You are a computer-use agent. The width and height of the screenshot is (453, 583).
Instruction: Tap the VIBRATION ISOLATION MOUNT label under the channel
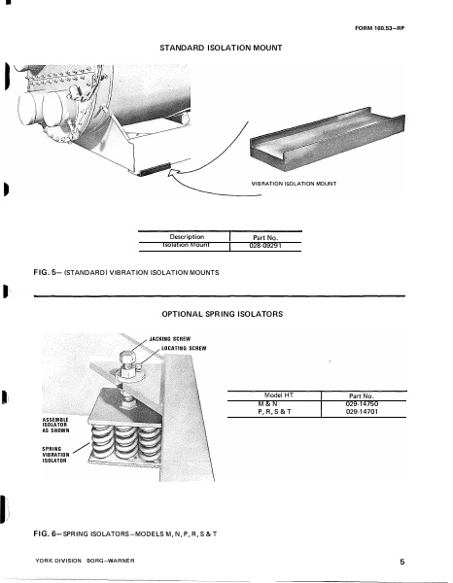293,184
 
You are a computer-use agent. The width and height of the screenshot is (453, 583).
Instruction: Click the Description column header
184,236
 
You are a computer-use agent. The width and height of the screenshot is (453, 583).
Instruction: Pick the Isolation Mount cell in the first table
184,246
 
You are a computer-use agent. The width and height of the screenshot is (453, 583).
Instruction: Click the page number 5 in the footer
401,562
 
